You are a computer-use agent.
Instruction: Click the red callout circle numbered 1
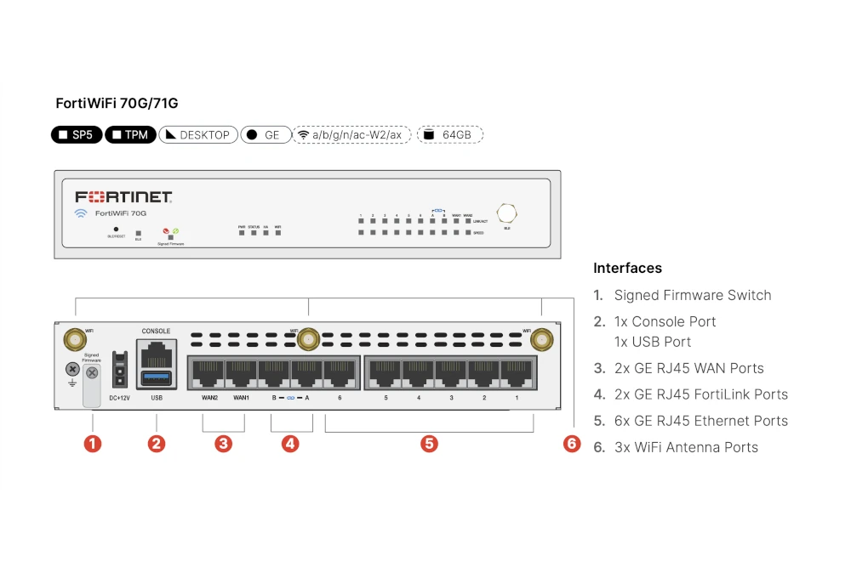coord(92,443)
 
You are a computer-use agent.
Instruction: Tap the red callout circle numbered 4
coord(290,443)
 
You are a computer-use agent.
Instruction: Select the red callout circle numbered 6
coord(572,443)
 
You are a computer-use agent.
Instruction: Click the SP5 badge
coord(77,134)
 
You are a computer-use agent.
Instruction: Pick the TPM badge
coord(130,134)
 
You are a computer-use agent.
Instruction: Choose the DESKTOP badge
coord(197,134)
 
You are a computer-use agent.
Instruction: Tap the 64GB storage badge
coord(450,134)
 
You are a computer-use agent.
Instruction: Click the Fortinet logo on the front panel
coord(124,196)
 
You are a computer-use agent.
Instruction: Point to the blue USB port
coord(156,376)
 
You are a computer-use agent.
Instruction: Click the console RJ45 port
coord(156,350)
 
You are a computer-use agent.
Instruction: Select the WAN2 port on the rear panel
coord(208,371)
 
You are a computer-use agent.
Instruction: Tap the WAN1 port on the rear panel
coord(241,371)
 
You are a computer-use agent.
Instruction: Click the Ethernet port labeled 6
coord(340,371)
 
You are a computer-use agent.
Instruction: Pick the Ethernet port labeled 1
coord(517,371)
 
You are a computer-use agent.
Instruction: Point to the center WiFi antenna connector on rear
coord(308,340)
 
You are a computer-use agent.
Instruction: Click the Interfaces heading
coord(627,268)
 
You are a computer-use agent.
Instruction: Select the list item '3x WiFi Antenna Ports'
coord(686,447)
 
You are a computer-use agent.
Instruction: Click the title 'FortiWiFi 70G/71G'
coord(117,104)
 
